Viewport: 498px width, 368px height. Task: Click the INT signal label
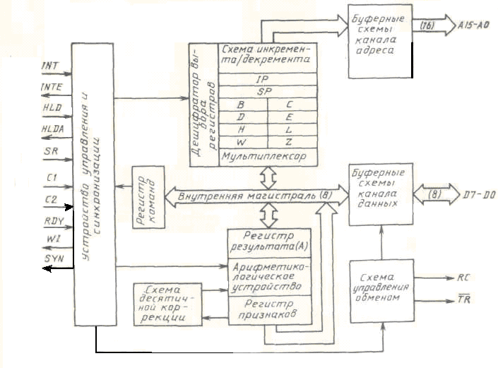coord(51,66)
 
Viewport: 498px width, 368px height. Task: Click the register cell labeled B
coord(241,105)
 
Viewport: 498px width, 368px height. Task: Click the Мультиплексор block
coord(263,155)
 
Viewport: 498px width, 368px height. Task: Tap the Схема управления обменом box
coord(381,289)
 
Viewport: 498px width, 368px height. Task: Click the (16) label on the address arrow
coord(427,27)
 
